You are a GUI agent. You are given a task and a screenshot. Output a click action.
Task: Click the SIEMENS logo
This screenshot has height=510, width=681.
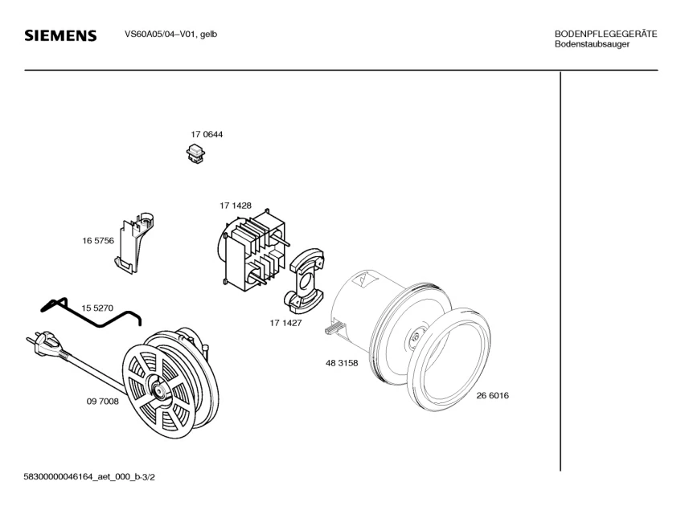pyautogui.click(x=61, y=36)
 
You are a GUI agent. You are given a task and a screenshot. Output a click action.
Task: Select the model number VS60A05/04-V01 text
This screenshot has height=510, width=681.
pyautogui.click(x=170, y=35)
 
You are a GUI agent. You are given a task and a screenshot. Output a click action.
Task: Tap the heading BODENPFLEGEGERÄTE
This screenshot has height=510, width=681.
pyautogui.click(x=606, y=34)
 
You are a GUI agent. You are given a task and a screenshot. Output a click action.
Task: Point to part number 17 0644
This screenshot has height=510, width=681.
pyautogui.click(x=207, y=134)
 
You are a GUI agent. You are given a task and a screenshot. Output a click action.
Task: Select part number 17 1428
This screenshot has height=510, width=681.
pyautogui.click(x=236, y=206)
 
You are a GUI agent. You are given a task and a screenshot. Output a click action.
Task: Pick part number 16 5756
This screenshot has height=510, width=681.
pyautogui.click(x=97, y=240)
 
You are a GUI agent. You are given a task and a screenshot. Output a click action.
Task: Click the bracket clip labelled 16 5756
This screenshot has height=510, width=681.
pyautogui.click(x=134, y=241)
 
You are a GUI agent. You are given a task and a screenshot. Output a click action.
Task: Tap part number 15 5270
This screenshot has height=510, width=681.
pyautogui.click(x=97, y=308)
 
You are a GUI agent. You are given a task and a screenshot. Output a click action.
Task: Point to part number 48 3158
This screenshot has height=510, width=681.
pyautogui.click(x=342, y=363)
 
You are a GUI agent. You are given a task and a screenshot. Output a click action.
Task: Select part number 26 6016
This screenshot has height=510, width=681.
pyautogui.click(x=492, y=395)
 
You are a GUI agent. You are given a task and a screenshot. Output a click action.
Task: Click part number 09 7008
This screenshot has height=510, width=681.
pyautogui.click(x=102, y=401)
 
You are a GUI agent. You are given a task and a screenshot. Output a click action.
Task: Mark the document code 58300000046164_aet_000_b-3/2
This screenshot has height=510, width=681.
pyautogui.click(x=89, y=477)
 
